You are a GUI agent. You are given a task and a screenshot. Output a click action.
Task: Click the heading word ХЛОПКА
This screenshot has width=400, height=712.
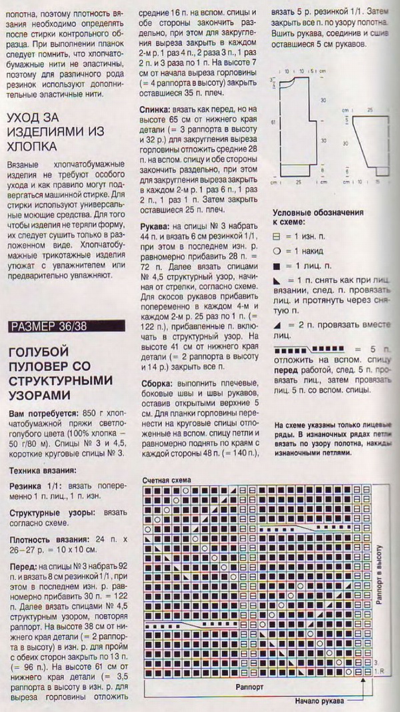(31, 147)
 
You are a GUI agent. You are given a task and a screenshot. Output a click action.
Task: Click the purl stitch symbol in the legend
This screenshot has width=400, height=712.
(277, 236)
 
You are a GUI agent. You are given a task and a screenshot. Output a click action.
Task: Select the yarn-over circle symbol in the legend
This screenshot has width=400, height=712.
(277, 252)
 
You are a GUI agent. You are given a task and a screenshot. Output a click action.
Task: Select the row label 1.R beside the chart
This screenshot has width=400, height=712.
(379, 671)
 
